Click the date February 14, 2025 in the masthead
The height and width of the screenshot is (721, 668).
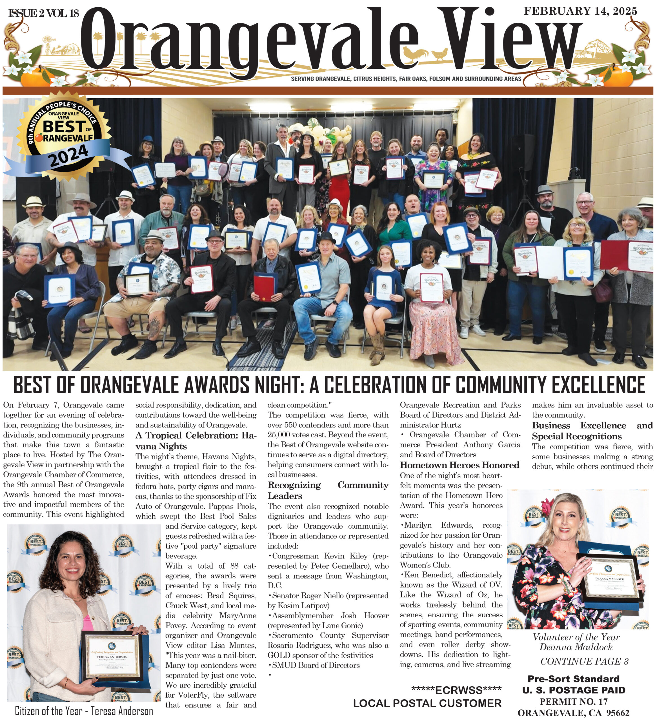click(x=580, y=11)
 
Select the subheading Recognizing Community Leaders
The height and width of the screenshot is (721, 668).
click(x=328, y=490)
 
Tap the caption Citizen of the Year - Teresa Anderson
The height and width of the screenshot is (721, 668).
click(x=84, y=711)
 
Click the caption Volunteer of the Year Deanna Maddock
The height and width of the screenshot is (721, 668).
click(x=576, y=642)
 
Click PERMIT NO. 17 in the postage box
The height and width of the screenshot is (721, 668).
click(x=574, y=702)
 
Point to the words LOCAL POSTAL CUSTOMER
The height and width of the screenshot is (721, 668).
click(x=427, y=703)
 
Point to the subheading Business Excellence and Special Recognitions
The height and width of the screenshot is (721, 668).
click(x=592, y=431)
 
